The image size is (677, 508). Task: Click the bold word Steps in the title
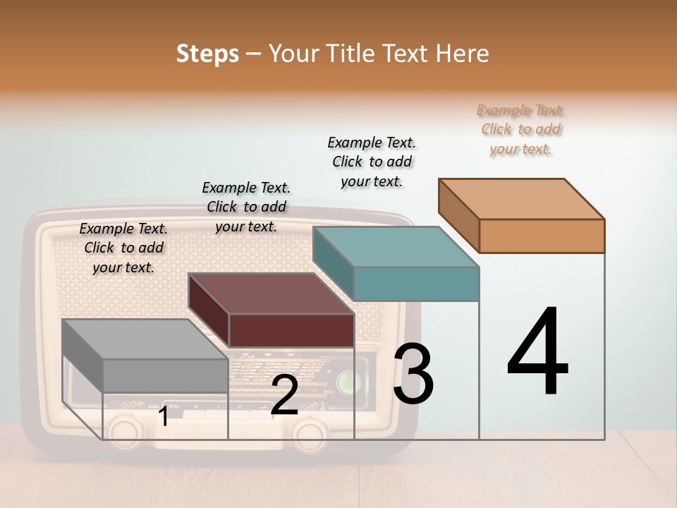(x=207, y=54)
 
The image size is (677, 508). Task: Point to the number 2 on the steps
(x=284, y=396)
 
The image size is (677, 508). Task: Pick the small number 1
(x=163, y=417)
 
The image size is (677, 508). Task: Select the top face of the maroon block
(x=272, y=294)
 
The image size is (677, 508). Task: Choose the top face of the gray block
(x=145, y=339)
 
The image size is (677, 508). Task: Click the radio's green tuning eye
(x=347, y=382)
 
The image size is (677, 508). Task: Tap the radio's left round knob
(x=124, y=428)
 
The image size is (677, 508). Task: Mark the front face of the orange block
(x=542, y=236)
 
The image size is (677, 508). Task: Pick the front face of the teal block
(x=416, y=284)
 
